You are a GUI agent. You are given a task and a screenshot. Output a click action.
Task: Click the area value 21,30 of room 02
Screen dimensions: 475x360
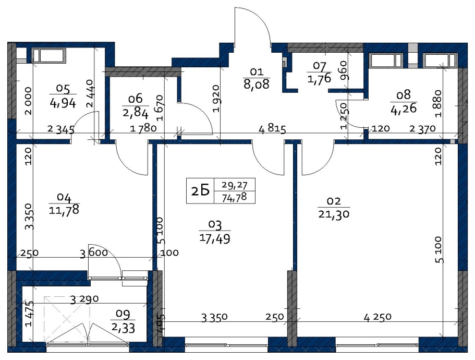coord(334,214)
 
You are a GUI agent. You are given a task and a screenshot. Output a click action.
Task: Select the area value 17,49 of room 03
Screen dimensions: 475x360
coord(215,238)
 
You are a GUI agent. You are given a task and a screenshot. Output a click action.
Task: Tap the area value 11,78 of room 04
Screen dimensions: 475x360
coord(64,209)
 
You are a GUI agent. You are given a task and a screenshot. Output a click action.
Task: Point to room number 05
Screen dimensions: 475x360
coord(63,89)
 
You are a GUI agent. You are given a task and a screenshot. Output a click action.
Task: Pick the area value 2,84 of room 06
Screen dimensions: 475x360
coord(136,114)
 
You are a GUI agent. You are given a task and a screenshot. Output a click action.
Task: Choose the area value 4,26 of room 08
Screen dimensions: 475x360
coord(404,108)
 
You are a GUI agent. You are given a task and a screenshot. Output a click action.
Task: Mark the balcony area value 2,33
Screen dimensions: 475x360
coord(123,328)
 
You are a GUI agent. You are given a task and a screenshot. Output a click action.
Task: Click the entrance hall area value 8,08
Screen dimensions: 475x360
coord(257,84)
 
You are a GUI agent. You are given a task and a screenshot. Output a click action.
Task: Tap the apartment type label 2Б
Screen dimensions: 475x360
coord(201,191)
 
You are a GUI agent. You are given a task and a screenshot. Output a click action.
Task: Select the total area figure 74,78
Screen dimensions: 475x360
coord(234,198)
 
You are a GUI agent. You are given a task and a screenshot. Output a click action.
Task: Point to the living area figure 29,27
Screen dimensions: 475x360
coord(234,185)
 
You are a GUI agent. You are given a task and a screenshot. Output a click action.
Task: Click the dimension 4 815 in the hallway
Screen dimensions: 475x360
coord(272,129)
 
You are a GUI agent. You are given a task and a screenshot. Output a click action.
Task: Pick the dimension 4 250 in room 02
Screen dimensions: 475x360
coord(377,317)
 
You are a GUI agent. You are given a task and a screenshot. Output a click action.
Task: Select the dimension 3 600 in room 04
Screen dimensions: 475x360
coord(94,253)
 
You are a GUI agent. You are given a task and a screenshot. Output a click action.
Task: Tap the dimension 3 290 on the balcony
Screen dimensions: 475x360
coord(84,299)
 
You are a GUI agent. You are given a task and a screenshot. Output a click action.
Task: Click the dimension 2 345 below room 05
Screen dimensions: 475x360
coord(61,130)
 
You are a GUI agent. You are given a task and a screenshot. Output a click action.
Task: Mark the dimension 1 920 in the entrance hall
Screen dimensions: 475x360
coord(216,99)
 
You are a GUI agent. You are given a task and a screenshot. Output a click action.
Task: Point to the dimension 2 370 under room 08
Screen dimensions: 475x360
coord(422,129)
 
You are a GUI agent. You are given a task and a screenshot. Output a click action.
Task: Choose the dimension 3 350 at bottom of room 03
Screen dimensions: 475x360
coord(214,317)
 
